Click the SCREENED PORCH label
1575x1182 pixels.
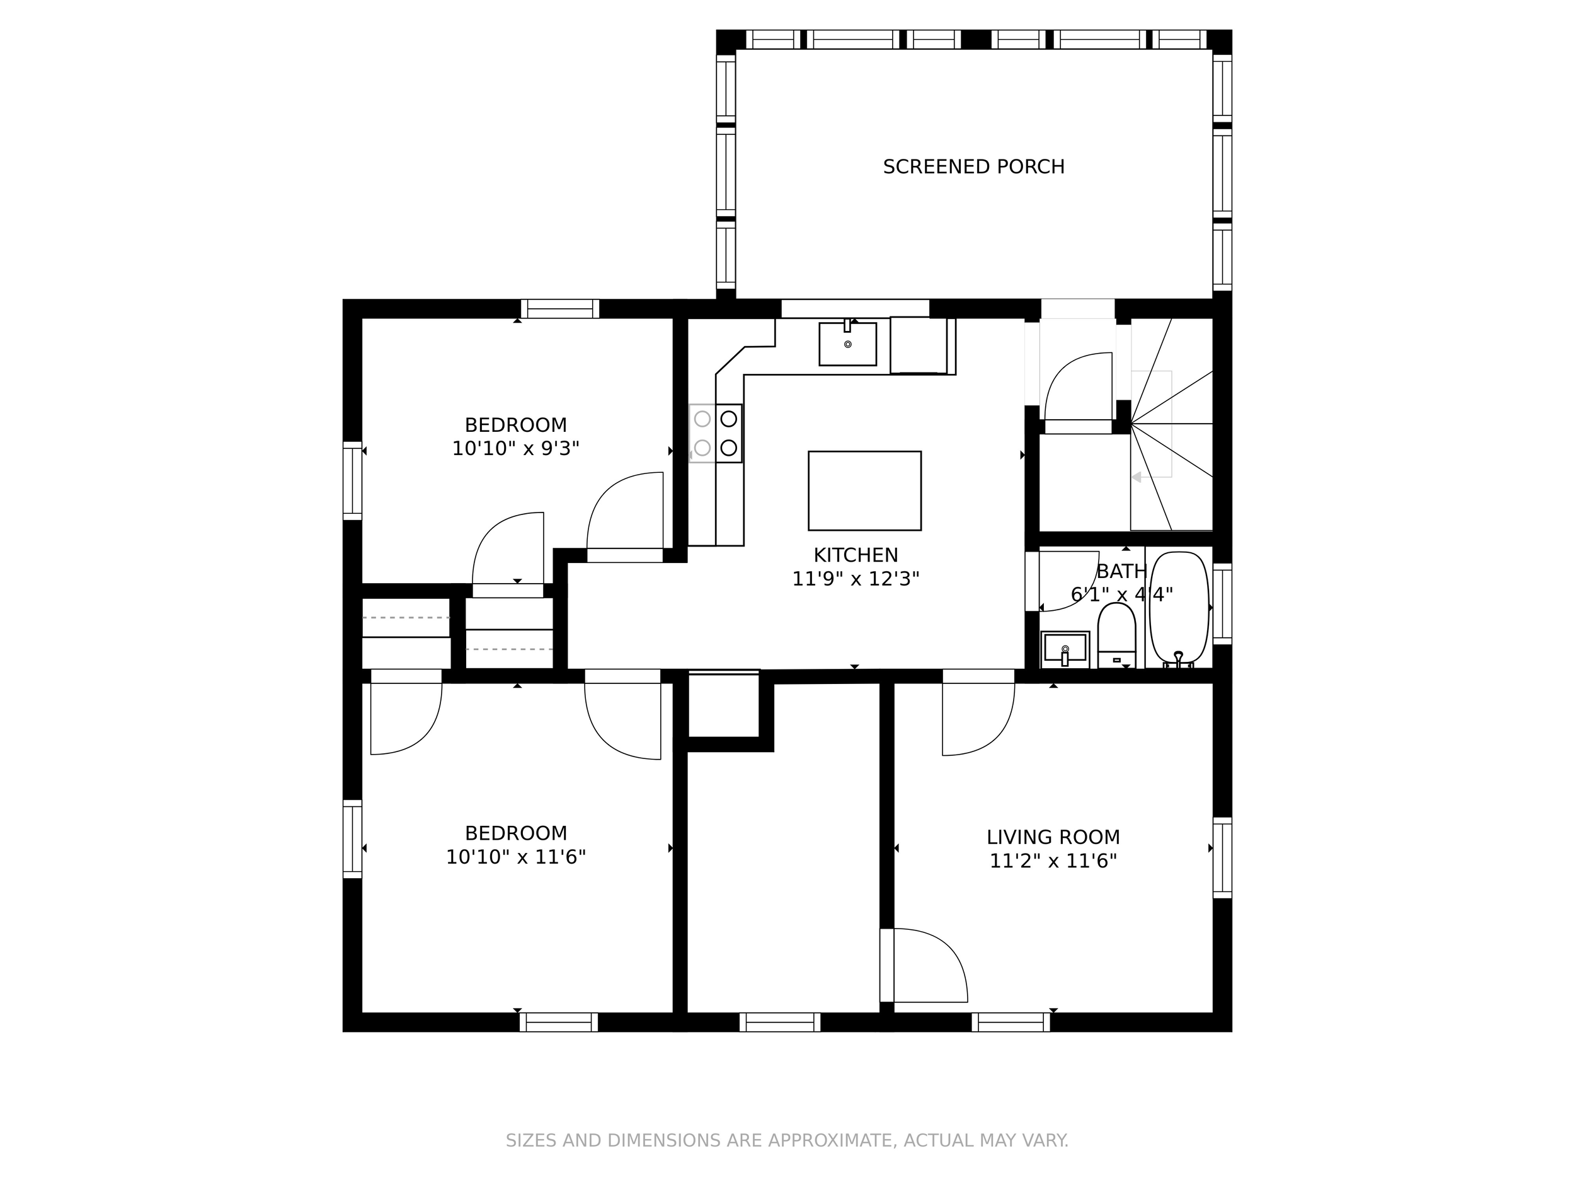click(973, 166)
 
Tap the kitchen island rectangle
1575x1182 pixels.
click(864, 490)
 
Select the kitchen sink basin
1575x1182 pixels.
click(847, 345)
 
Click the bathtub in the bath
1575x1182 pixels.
click(1179, 607)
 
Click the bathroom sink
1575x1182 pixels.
click(1065, 648)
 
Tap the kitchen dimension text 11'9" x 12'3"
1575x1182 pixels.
click(856, 579)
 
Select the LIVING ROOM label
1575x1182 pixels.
click(1053, 837)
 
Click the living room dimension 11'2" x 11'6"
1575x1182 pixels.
click(1053, 861)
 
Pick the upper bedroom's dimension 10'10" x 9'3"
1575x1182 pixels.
click(515, 449)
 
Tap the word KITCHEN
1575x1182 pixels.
click(856, 555)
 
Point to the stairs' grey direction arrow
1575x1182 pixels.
click(1137, 477)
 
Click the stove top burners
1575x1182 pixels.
click(716, 433)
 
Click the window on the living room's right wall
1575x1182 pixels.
click(1222, 857)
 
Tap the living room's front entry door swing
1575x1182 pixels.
click(929, 965)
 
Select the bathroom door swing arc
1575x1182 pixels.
click(1068, 581)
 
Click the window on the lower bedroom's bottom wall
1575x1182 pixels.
click(559, 1022)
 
